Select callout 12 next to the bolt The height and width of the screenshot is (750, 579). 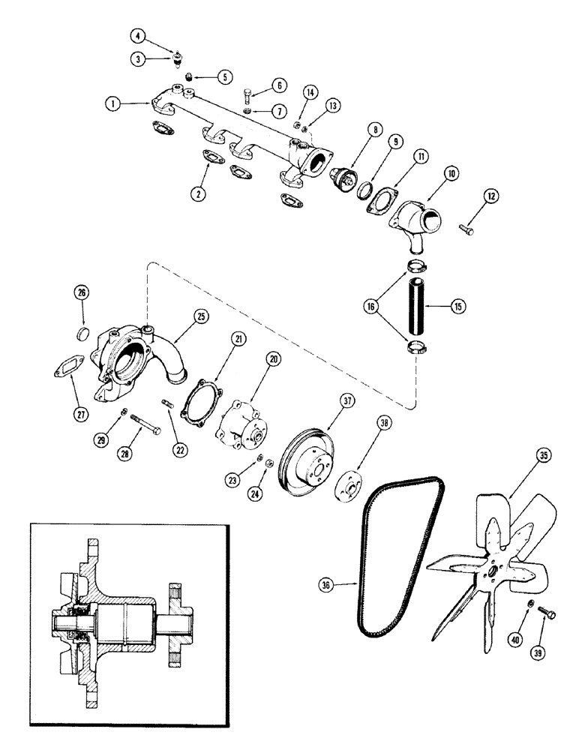point(491,196)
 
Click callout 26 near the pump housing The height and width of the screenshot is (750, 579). point(82,292)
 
